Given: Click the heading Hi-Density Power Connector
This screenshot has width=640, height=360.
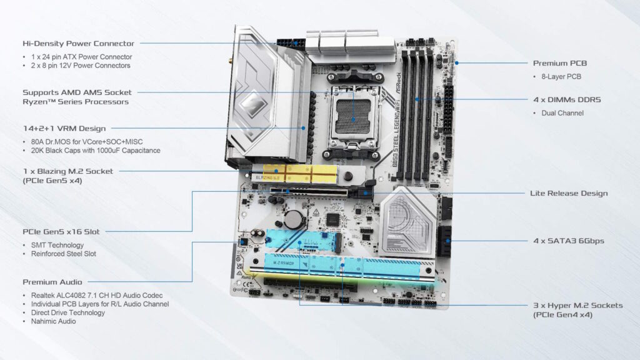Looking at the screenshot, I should [x=78, y=44].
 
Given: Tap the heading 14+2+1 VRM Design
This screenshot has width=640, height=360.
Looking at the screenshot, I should [x=64, y=128].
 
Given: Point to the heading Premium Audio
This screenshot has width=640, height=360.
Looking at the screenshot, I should [x=52, y=282].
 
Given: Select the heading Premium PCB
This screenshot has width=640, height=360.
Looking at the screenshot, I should [x=559, y=63].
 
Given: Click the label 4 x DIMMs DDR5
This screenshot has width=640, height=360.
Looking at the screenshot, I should [x=567, y=99].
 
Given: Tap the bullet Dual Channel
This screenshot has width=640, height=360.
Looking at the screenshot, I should [x=561, y=113].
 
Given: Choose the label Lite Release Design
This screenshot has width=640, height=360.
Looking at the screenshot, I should [x=568, y=193].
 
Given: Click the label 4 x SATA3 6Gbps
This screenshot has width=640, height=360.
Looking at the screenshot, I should [x=568, y=241].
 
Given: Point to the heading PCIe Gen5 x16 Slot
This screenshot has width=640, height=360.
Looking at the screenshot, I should [x=61, y=232].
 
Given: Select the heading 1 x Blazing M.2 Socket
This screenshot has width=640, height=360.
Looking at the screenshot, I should [x=69, y=171].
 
